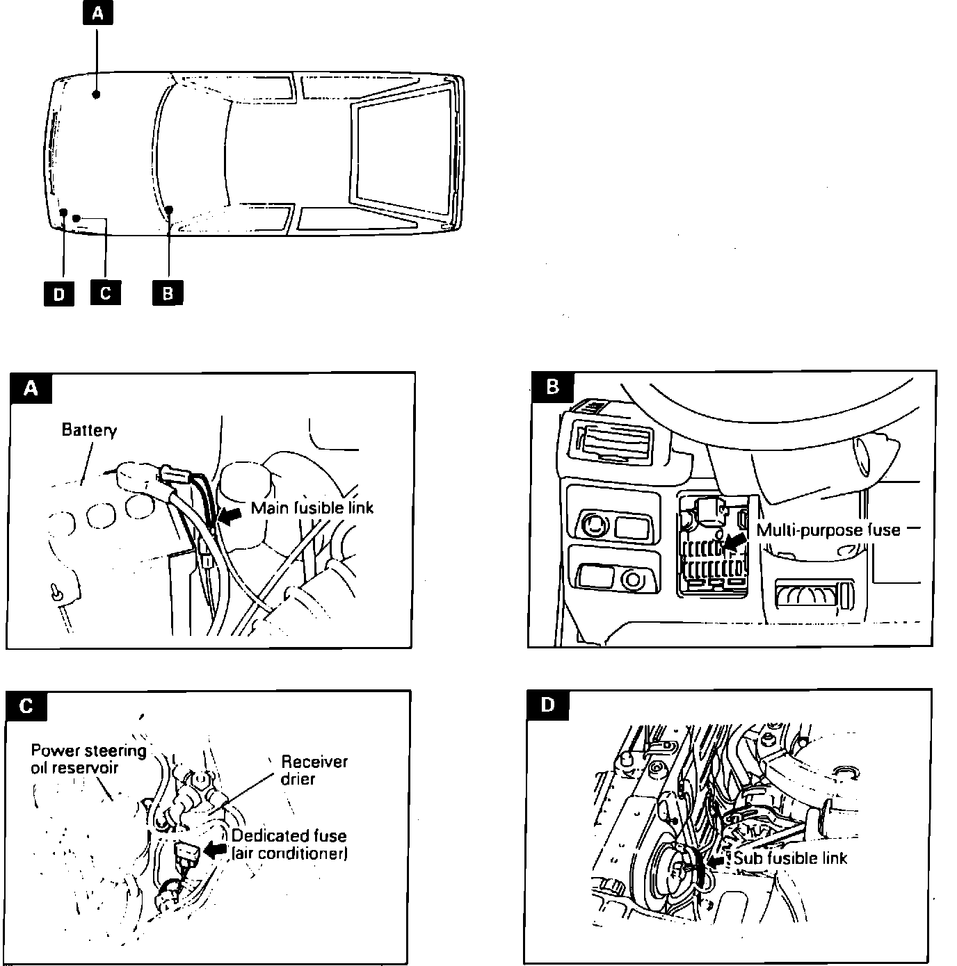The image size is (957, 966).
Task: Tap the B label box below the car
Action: [x=168, y=293]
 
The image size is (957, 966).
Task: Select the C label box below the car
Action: [x=105, y=292]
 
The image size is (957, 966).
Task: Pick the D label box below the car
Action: [x=59, y=293]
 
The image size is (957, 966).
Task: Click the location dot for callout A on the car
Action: [x=97, y=94]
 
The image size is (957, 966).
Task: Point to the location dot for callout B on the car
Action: [x=169, y=209]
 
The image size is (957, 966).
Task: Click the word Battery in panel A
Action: [x=89, y=429]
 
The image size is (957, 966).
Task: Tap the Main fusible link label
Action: [x=312, y=508]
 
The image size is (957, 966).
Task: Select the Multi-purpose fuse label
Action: [x=828, y=530]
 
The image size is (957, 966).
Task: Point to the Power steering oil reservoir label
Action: [x=88, y=759]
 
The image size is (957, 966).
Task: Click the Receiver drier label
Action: [x=314, y=770]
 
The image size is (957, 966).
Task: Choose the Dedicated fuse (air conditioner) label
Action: [x=289, y=844]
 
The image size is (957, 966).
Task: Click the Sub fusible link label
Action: [x=791, y=858]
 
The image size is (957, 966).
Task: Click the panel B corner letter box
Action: [x=553, y=386]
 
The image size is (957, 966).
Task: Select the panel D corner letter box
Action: [x=548, y=705]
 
